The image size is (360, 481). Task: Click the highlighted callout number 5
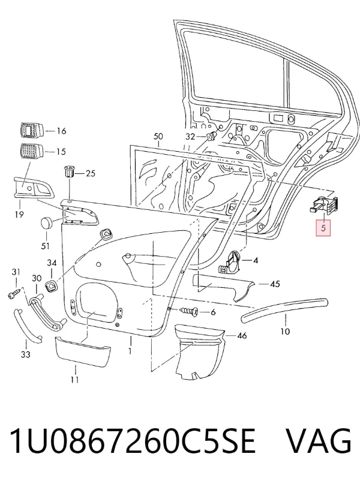click(323, 229)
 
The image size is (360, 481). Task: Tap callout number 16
click(61, 131)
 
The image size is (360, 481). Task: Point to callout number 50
click(158, 137)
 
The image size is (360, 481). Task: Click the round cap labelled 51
click(47, 223)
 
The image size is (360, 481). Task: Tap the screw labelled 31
click(14, 293)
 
